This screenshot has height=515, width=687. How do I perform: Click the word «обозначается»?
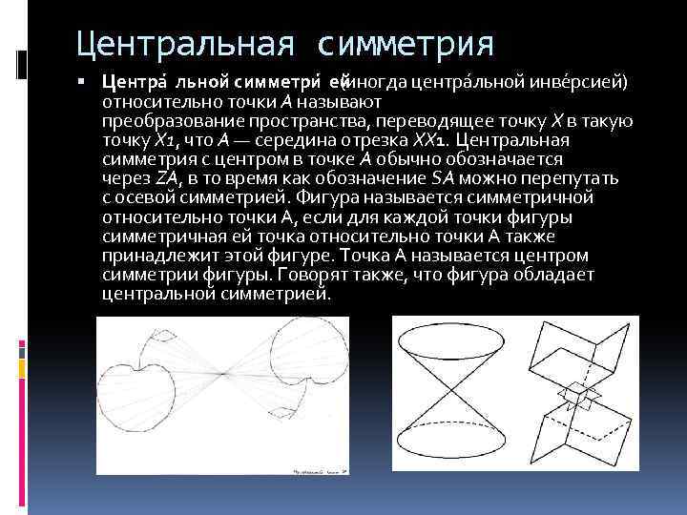(506, 159)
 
